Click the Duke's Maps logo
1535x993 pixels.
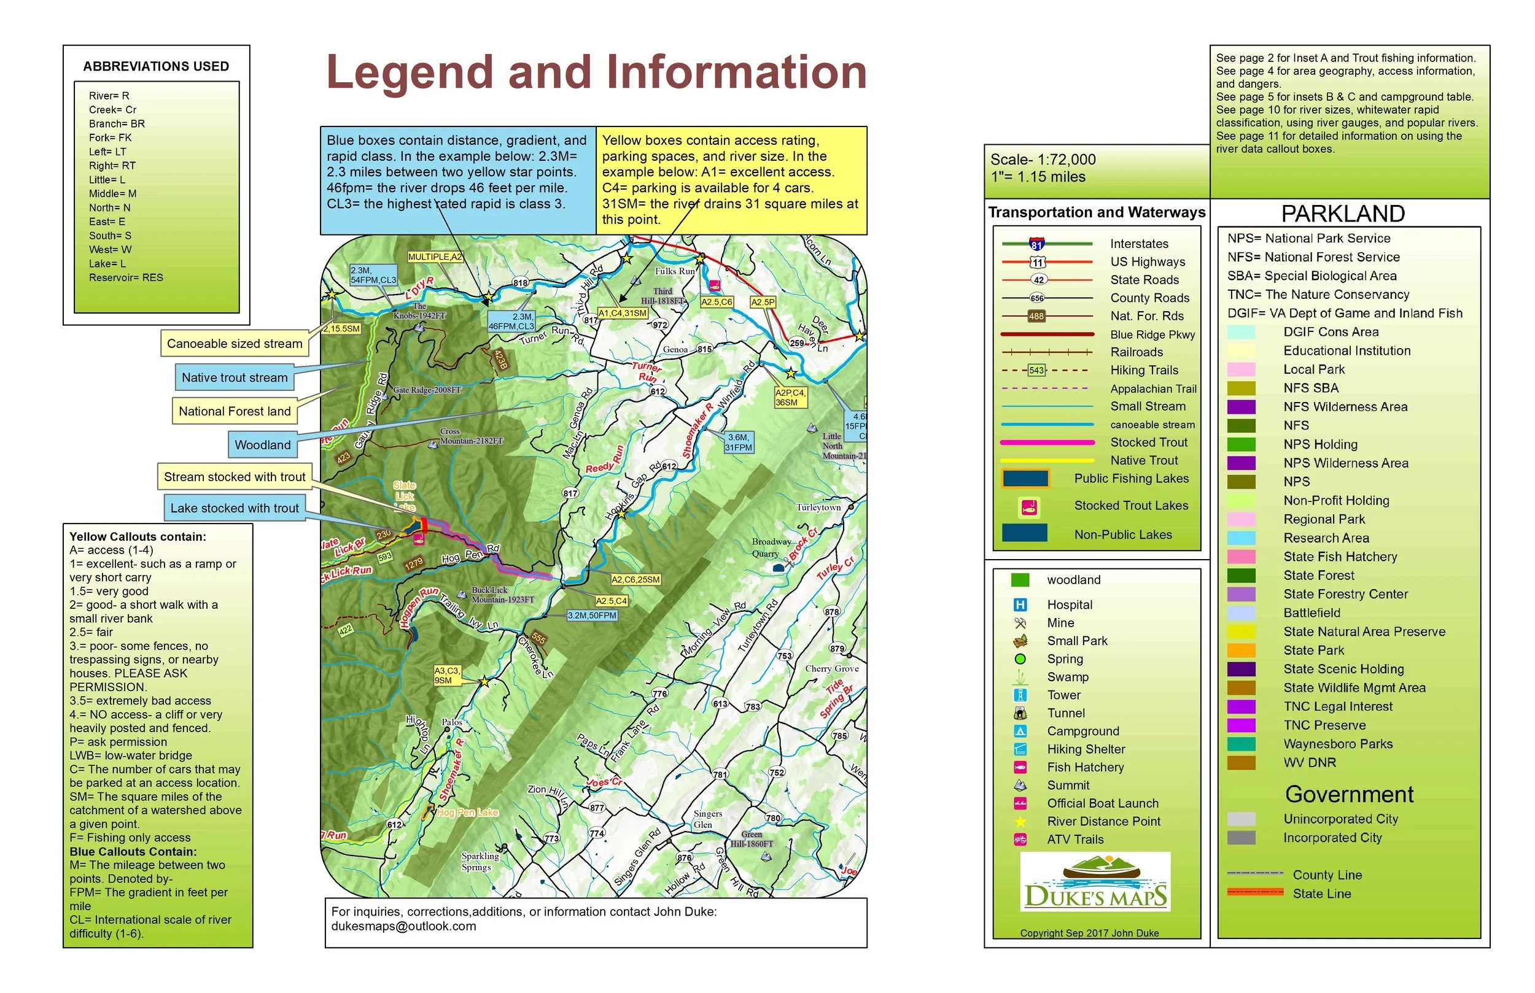click(x=1095, y=881)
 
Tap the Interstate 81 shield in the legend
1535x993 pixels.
click(x=1036, y=244)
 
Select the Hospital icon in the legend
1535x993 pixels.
click(x=1020, y=605)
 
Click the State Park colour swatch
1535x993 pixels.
click(x=1241, y=651)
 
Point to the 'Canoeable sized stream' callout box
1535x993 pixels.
click(x=234, y=344)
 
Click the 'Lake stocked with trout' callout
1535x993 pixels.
click(x=234, y=508)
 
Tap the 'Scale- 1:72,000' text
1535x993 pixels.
click(x=1043, y=160)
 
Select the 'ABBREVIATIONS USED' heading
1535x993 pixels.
click(x=156, y=66)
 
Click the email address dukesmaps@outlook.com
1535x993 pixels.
click(x=403, y=927)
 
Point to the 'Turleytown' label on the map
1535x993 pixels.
click(x=818, y=508)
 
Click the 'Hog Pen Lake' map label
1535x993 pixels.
click(x=467, y=813)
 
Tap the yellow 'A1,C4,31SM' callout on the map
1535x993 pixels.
click(x=622, y=314)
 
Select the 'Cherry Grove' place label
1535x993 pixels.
click(x=831, y=669)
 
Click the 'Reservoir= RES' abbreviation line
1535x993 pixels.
click(x=126, y=278)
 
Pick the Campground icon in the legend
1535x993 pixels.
click(x=1020, y=731)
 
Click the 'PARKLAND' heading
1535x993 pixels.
click(x=1342, y=214)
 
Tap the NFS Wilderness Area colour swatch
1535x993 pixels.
click(x=1241, y=407)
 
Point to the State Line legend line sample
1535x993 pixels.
click(x=1254, y=892)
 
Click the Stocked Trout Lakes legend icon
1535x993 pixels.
click(x=1029, y=508)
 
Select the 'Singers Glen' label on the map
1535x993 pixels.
click(x=707, y=819)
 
